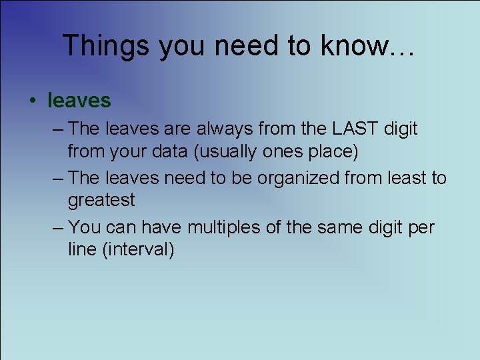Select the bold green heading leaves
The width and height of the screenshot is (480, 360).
(79, 101)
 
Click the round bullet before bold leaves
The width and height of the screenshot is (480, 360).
(32, 101)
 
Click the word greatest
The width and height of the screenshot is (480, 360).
(101, 200)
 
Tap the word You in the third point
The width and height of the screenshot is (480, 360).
(85, 227)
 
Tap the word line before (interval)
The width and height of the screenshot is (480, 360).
(83, 250)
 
